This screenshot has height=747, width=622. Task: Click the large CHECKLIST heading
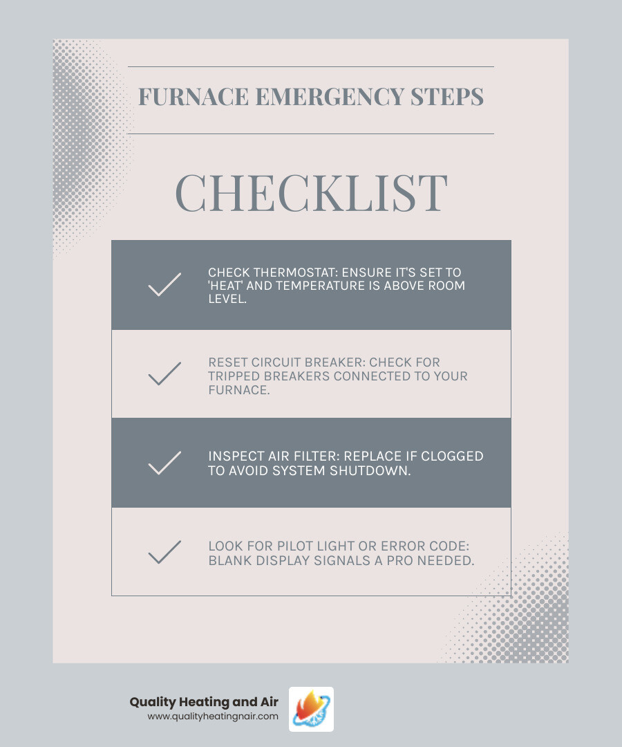(311, 193)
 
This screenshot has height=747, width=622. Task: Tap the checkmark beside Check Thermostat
(164, 285)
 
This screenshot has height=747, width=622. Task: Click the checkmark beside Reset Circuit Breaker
(164, 373)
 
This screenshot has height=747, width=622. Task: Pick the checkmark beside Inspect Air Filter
(164, 463)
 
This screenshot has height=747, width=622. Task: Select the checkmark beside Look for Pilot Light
(164, 552)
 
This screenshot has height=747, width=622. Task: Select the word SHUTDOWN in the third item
(377, 470)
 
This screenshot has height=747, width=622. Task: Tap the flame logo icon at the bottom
(311, 709)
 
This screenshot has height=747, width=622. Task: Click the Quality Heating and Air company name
(204, 703)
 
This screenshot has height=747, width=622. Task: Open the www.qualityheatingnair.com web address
(213, 717)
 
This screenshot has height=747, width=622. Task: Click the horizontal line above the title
(311, 66)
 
